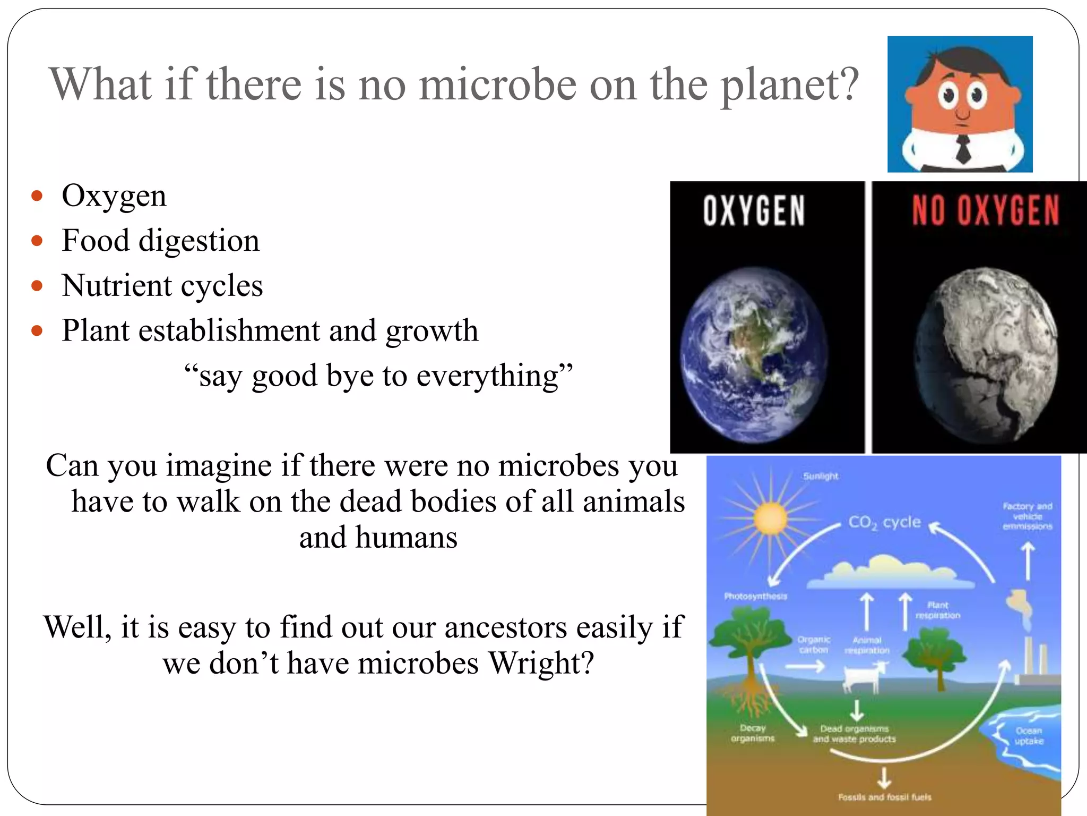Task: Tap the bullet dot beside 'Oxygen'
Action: click(x=37, y=196)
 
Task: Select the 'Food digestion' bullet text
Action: click(x=160, y=241)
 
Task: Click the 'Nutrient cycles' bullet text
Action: click(x=162, y=286)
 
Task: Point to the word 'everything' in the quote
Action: click(x=487, y=376)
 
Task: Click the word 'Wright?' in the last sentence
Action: click(x=541, y=664)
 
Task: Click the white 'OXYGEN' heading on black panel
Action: click(x=754, y=211)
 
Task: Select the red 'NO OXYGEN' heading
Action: click(x=986, y=211)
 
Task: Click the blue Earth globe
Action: click(x=754, y=355)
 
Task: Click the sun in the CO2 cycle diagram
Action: click(x=770, y=518)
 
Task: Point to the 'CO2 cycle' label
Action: click(x=884, y=522)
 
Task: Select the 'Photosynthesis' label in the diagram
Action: click(x=755, y=596)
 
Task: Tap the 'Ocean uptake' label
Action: click(x=1029, y=736)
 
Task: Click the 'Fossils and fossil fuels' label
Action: click(x=884, y=797)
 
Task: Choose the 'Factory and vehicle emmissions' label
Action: click(x=1027, y=516)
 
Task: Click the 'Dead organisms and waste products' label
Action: click(x=854, y=734)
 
